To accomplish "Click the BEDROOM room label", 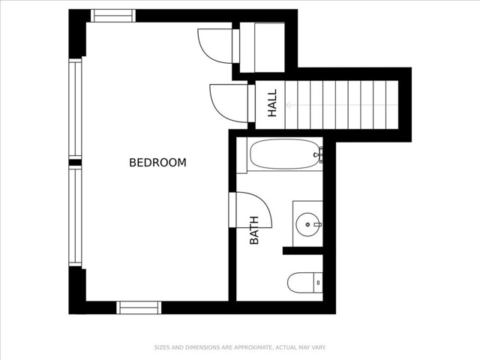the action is pyautogui.click(x=157, y=162).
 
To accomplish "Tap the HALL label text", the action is pyautogui.click(x=272, y=103).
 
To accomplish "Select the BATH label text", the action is pyautogui.click(x=254, y=230).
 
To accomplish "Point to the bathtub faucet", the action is pyautogui.click(x=319, y=154).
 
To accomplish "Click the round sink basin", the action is pyautogui.click(x=307, y=225).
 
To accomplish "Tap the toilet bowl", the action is pyautogui.click(x=301, y=282).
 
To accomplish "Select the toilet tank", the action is pyautogui.click(x=318, y=282).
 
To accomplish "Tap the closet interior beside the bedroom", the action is pyautogui.click(x=262, y=47).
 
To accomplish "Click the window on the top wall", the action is pyautogui.click(x=113, y=16).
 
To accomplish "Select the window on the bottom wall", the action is pyautogui.click(x=139, y=307).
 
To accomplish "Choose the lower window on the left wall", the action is pyautogui.click(x=75, y=216).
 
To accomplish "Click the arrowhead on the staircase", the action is pyautogui.click(x=288, y=105).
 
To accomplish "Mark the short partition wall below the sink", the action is pyautogui.click(x=303, y=250).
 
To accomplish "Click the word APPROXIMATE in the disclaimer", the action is pyautogui.click(x=253, y=347).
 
